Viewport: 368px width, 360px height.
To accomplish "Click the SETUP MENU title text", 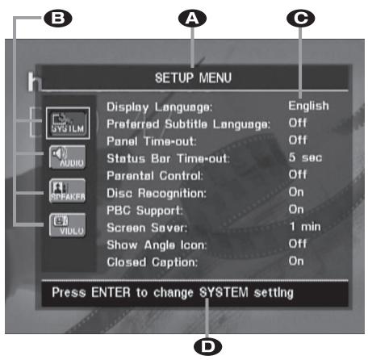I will click(x=192, y=78).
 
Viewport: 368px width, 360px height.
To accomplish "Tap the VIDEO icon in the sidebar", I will click(x=60, y=224).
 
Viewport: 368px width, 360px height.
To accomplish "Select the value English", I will click(x=309, y=105).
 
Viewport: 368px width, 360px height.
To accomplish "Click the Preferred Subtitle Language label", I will click(x=188, y=123).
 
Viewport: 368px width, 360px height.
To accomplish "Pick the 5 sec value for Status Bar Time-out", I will click(x=306, y=157).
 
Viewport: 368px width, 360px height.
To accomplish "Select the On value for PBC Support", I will click(x=297, y=210).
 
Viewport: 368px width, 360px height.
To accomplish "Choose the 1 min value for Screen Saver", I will click(x=305, y=228).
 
